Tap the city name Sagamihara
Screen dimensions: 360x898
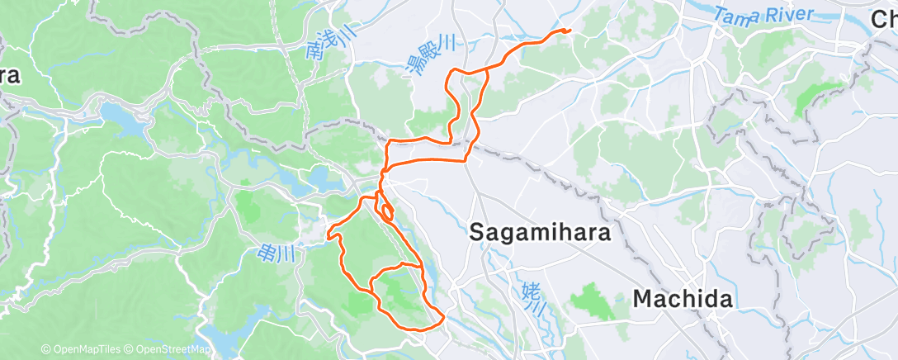(x=540, y=234)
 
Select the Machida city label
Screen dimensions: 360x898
(x=683, y=299)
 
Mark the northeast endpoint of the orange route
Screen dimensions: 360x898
(x=569, y=31)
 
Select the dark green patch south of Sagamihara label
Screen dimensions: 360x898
(x=593, y=301)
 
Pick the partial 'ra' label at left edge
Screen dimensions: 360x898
(x=10, y=75)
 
